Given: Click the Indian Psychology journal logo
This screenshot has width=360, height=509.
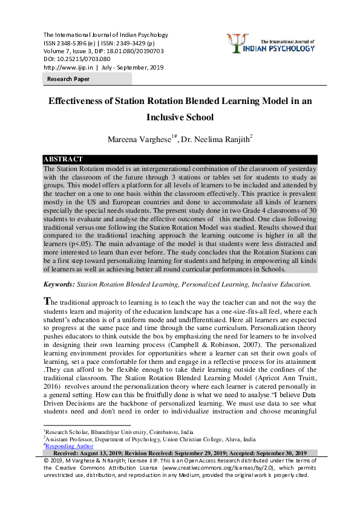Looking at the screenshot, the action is [269, 44].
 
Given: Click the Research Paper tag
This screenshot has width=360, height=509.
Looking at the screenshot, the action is [69, 79].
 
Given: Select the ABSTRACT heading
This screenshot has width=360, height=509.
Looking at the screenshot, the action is [63, 159].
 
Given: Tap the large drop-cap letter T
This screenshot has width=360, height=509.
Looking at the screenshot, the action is [47, 301].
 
